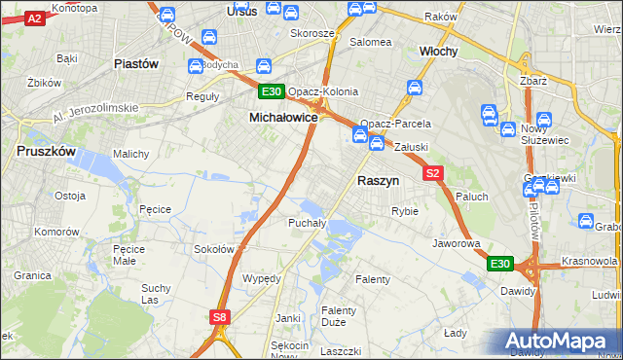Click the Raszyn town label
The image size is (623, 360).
pyautogui.click(x=378, y=181)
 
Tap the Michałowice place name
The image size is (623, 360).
pyautogui.click(x=283, y=117)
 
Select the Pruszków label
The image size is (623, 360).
pyautogui.click(x=46, y=152)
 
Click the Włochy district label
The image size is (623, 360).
pyautogui.click(x=438, y=51)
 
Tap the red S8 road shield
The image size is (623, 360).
pyautogui.click(x=221, y=316)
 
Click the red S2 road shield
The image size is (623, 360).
pyautogui.click(x=433, y=173)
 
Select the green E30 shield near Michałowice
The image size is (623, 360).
pyautogui.click(x=272, y=92)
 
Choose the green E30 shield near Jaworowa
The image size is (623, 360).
pyautogui.click(x=499, y=264)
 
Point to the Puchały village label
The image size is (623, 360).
pyautogui.click(x=306, y=223)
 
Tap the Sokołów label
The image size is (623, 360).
pyautogui.click(x=214, y=249)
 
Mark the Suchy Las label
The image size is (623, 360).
pyautogui.click(x=156, y=293)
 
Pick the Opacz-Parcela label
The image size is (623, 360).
pyautogui.click(x=395, y=125)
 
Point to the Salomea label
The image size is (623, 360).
pyautogui.click(x=370, y=43)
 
